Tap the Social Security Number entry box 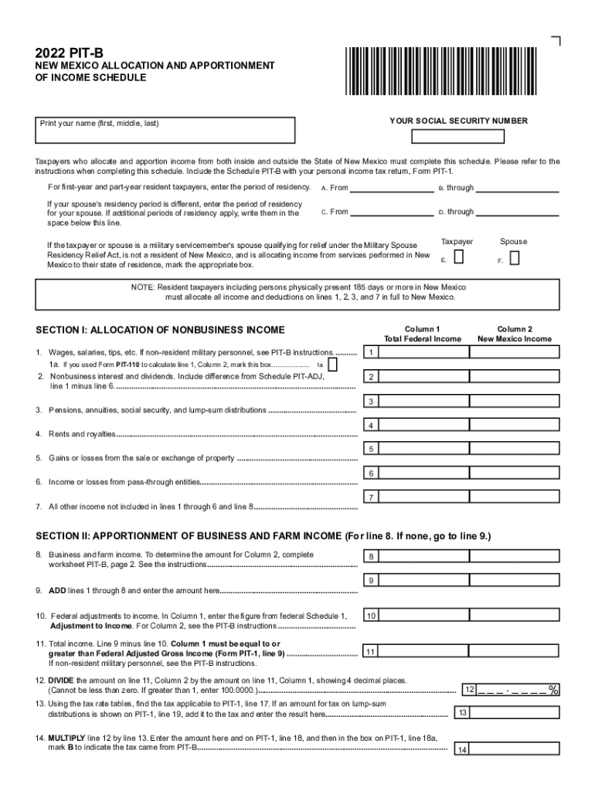457,137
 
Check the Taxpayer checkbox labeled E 459,256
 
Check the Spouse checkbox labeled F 515,257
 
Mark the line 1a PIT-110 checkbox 333,364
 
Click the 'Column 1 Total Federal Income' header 422,334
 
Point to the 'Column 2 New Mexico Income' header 515,334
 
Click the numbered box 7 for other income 372,497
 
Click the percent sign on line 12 553,689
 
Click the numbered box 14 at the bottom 461,750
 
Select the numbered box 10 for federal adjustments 372,616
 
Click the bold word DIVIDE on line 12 63,680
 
